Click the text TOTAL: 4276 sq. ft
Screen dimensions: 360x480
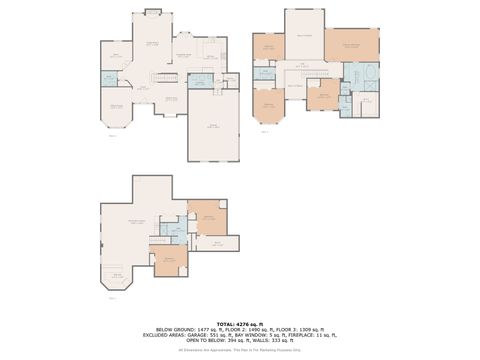tap(240, 324)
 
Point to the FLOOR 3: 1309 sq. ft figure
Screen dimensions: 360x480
tap(292, 329)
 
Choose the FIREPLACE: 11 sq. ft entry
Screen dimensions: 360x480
tap(310, 335)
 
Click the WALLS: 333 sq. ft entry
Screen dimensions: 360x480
tap(275, 341)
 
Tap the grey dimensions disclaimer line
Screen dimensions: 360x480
tap(240, 351)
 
